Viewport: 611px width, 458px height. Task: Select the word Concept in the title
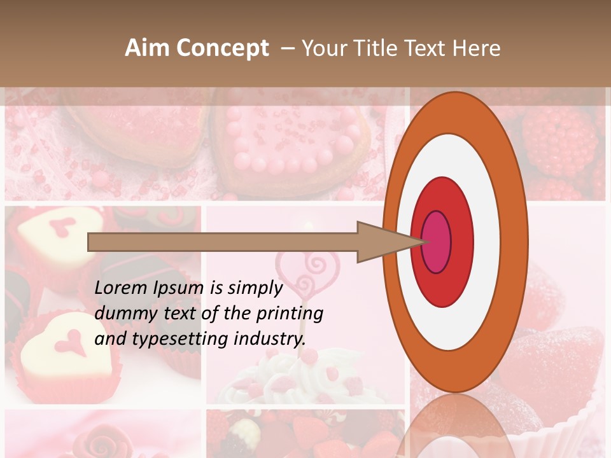coord(222,48)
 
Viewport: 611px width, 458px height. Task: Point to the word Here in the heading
coord(477,48)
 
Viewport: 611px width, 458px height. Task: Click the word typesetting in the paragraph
coord(175,339)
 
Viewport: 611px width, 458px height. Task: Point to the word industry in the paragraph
coord(270,339)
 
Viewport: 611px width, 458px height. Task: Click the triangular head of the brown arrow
coord(382,242)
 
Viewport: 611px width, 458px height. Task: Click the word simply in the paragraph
coord(255,288)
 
